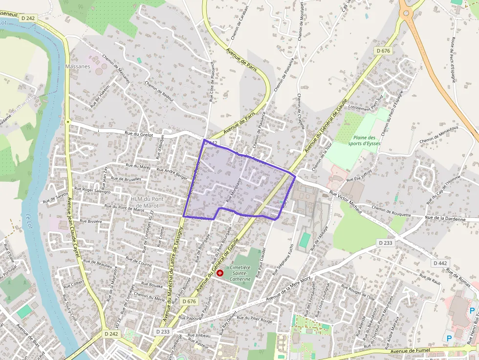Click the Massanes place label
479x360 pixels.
click(x=77, y=66)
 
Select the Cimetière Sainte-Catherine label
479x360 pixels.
click(x=240, y=273)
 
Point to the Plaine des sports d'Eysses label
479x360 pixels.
click(x=364, y=141)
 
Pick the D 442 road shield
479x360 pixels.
click(x=440, y=263)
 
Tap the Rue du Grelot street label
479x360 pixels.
click(x=139, y=134)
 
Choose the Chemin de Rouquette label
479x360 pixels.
click(x=395, y=211)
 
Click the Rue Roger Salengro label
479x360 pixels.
click(x=92, y=191)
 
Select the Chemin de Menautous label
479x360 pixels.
click(x=439, y=135)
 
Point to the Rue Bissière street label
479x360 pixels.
click(x=91, y=221)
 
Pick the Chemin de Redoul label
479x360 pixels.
click(x=159, y=90)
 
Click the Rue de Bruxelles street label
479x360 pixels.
click(x=129, y=179)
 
